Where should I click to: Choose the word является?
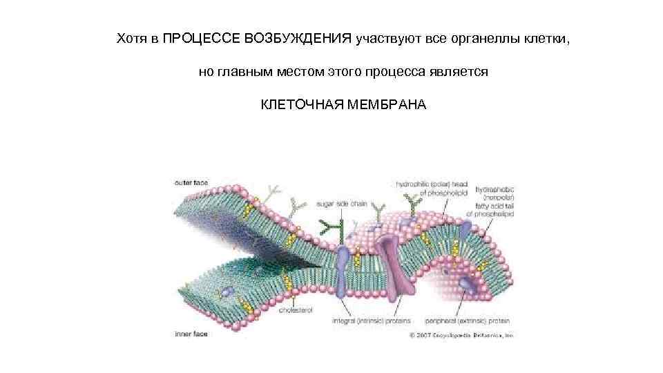click(459, 71)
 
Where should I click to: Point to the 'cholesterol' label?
click(296, 310)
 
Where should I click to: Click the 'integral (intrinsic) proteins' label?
click(372, 321)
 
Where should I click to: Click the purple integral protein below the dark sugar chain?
click(343, 266)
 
